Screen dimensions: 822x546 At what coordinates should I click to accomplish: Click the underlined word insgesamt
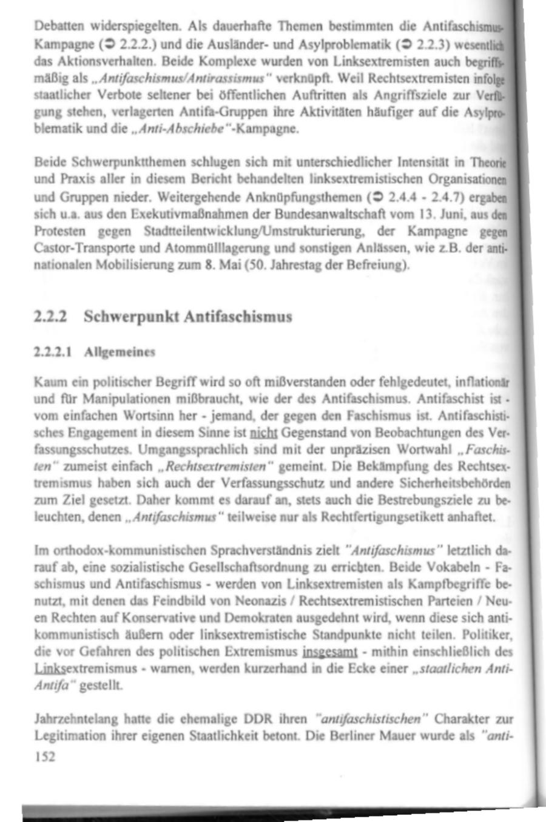click(x=328, y=653)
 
